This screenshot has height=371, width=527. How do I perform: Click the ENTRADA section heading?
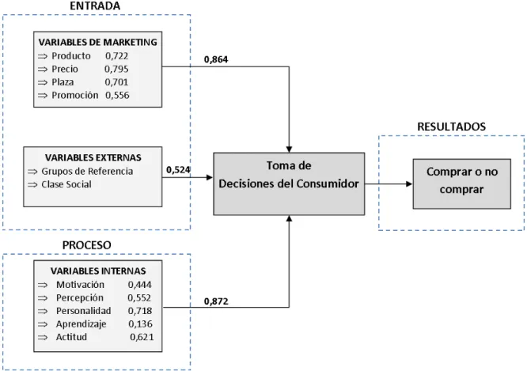tap(95, 6)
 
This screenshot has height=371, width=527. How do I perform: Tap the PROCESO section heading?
tap(87, 245)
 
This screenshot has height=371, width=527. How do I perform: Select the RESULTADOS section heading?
tap(451, 127)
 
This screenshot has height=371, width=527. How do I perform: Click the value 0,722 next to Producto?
tap(116, 56)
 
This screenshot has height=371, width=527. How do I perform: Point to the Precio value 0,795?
tap(116, 69)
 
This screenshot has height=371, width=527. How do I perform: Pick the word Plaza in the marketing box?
tap(63, 82)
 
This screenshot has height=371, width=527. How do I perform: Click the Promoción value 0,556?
tap(117, 95)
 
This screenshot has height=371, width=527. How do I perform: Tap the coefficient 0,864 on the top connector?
tap(216, 59)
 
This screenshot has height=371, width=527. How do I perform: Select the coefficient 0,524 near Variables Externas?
tap(178, 170)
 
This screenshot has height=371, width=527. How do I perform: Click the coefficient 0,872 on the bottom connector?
tap(216, 301)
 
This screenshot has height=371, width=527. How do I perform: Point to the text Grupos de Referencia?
tap(87, 171)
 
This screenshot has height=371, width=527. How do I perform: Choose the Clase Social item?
tap(66, 184)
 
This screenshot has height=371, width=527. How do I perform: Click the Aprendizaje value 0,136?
tap(140, 324)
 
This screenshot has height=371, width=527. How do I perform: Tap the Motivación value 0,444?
tap(139, 285)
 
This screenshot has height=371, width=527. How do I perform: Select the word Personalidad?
tap(83, 311)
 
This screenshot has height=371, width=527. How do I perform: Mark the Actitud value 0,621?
tap(142, 337)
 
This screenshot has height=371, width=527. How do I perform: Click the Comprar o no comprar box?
tap(462, 184)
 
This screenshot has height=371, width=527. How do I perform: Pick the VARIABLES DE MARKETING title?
tap(98, 42)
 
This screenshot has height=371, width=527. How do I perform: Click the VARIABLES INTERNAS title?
tap(98, 271)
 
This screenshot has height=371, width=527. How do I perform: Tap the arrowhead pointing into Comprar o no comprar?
tap(409, 184)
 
